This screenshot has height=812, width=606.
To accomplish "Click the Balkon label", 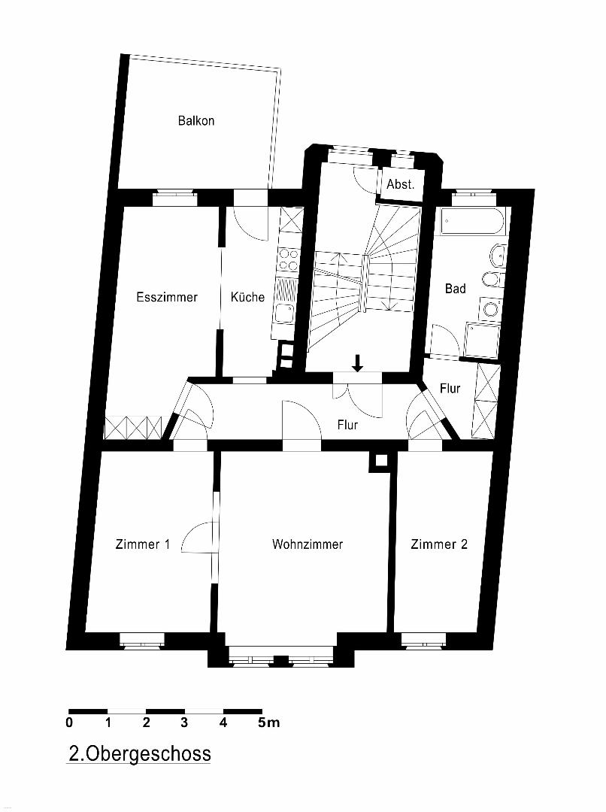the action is click(x=195, y=120).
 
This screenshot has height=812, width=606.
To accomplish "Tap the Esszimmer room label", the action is click(x=167, y=297).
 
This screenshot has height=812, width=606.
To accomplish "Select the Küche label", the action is click(x=247, y=297).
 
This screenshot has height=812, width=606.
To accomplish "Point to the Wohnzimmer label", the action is click(x=308, y=544).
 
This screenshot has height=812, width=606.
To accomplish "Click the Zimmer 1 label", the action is click(x=142, y=544).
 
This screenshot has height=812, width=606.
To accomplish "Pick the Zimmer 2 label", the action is click(x=439, y=544).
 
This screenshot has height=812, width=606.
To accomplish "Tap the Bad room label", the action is click(x=456, y=289).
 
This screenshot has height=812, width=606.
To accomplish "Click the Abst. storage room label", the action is click(x=401, y=184).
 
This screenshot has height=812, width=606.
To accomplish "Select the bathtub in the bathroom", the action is click(x=471, y=222).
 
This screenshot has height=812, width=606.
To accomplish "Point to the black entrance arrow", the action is click(x=357, y=362).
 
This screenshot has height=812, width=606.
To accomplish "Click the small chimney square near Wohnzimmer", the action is click(x=380, y=461).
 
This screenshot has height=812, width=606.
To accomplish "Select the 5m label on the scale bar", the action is click(x=268, y=723).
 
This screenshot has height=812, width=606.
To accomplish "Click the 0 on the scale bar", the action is click(x=70, y=723).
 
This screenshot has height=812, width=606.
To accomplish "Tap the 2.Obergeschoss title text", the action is click(x=140, y=753).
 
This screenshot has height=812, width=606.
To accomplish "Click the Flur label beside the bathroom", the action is click(x=450, y=389).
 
